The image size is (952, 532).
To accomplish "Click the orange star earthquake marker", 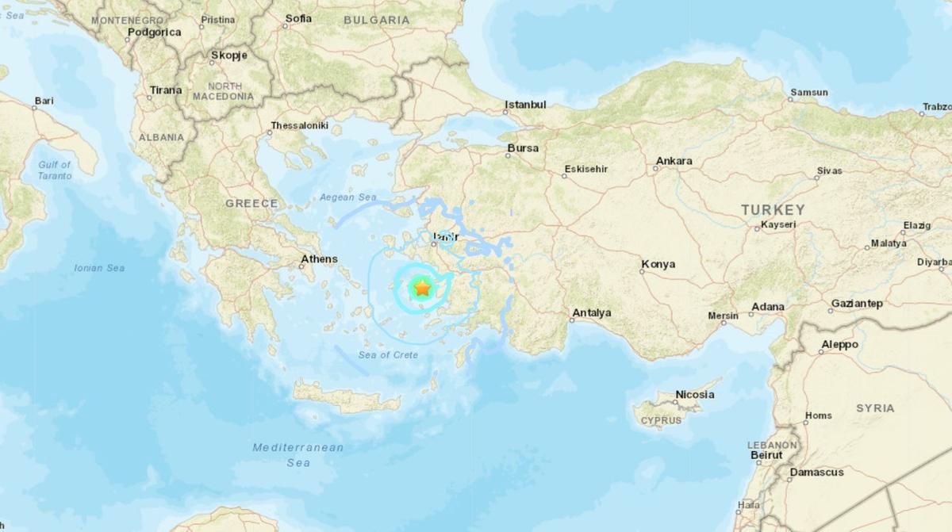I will [x=421, y=289].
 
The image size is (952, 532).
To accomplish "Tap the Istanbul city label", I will [x=526, y=105].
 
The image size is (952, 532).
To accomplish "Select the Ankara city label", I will [x=674, y=161].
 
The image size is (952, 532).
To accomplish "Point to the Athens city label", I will [x=319, y=259].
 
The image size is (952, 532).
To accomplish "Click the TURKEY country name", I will [x=773, y=210].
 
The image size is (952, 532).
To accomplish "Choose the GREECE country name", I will [x=251, y=204].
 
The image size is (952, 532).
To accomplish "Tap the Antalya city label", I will [x=591, y=313].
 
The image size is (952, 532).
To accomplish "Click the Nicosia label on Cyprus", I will [x=695, y=394].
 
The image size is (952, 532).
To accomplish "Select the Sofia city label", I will [x=298, y=18].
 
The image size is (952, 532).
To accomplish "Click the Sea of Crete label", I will [x=389, y=354].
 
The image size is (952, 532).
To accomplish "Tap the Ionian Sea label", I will [x=99, y=268].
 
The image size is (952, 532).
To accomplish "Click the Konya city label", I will [x=658, y=264].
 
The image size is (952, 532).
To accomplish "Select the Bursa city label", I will [x=523, y=148].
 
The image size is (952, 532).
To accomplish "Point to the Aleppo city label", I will [x=839, y=345].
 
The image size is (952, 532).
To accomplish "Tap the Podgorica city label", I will [x=154, y=33].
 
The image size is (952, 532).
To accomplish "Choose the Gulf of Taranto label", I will [x=55, y=170].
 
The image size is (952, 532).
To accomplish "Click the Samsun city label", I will [x=808, y=93].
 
